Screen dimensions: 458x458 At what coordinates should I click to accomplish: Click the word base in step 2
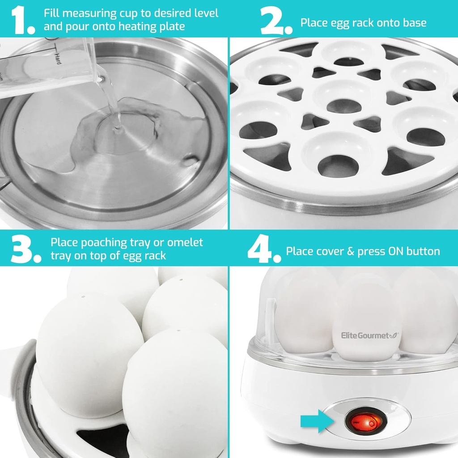(x=414, y=22)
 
